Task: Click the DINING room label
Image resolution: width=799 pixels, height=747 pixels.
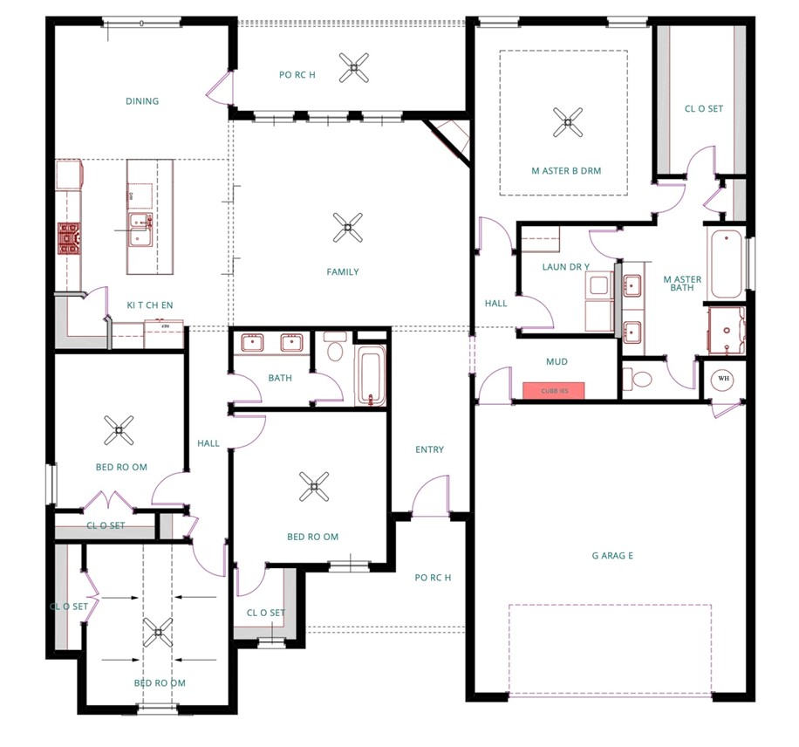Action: (142, 101)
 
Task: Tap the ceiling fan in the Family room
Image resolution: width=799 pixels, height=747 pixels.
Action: (347, 229)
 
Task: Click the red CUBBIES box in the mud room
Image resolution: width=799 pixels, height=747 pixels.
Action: (554, 391)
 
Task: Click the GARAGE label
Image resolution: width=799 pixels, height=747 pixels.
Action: (611, 554)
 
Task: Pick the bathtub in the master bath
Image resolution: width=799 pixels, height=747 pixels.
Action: (725, 264)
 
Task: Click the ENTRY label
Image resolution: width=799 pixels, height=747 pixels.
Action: (429, 449)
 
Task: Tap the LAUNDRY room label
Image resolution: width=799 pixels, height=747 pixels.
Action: (565, 266)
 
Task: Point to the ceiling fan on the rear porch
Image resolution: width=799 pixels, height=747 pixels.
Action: (354, 67)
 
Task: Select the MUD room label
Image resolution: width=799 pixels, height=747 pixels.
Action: (557, 360)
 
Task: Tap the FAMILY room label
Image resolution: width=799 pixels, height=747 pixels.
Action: (343, 272)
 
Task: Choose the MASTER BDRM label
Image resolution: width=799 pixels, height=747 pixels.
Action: (566, 171)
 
